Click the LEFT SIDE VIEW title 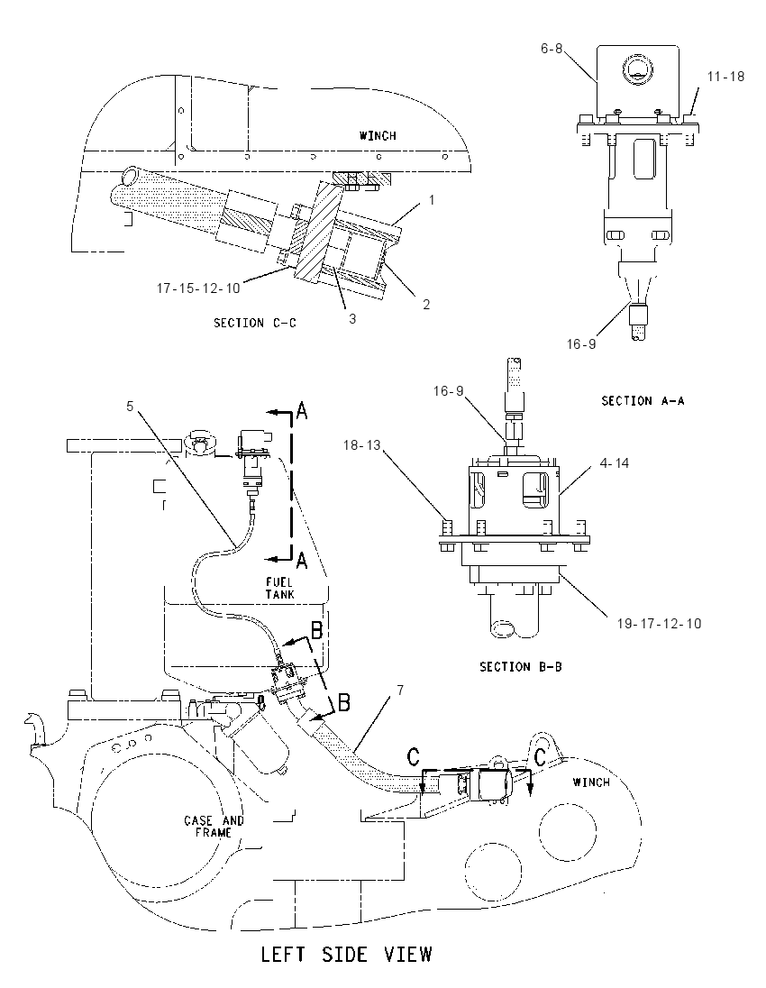click(346, 955)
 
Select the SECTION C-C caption click(254, 324)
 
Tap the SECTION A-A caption click(643, 401)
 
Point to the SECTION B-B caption click(520, 667)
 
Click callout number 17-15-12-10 click(198, 288)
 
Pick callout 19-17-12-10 click(659, 624)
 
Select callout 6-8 click(552, 49)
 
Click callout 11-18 click(725, 77)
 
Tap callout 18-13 click(362, 445)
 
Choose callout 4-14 click(615, 463)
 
